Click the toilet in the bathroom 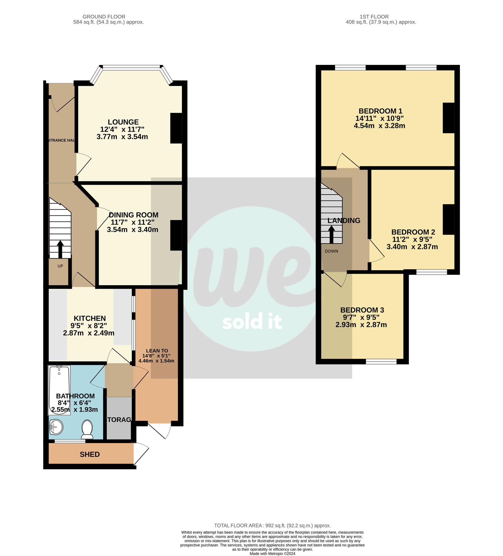click(x=87, y=429)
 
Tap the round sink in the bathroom click(x=56, y=427)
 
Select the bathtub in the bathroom click(x=59, y=389)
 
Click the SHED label click(x=90, y=454)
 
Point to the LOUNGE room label click(x=123, y=122)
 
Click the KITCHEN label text click(x=90, y=318)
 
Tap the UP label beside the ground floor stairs click(x=60, y=266)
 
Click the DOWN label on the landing click(x=331, y=251)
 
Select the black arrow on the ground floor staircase click(x=60, y=249)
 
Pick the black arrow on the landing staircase click(x=331, y=234)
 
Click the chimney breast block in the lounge click(x=176, y=128)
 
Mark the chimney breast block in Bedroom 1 click(x=448, y=118)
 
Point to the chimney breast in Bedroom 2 click(x=448, y=219)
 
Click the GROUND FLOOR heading click(x=104, y=17)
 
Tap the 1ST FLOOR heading click(x=374, y=17)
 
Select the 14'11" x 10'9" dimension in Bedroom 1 click(x=380, y=118)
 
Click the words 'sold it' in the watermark click(x=252, y=322)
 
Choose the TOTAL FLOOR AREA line click(x=272, y=526)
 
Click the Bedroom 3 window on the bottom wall click(x=381, y=361)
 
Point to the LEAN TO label click(x=157, y=351)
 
